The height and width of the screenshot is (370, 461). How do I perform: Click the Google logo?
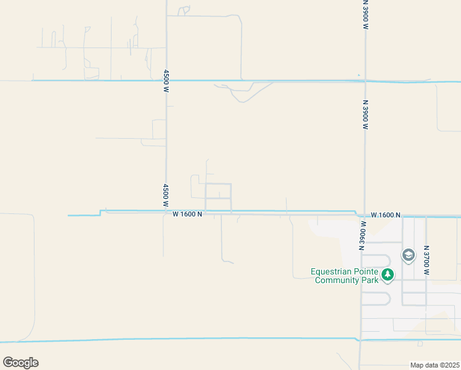point(20,363)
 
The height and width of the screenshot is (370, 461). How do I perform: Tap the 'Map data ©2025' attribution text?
point(434,365)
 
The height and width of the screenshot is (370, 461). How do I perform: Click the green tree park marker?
point(388,275)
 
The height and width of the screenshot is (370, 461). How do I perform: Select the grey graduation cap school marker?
point(408,255)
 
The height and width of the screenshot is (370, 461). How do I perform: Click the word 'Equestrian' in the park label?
point(333,271)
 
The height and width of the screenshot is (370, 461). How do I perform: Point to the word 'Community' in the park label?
point(337,280)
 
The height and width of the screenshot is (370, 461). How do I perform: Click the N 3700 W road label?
point(426,260)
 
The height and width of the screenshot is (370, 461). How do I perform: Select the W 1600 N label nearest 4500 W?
point(187,214)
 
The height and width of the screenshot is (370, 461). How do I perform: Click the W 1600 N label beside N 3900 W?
point(386,215)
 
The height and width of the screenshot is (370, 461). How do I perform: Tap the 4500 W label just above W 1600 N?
point(166,191)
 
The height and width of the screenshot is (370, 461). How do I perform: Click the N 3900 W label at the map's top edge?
point(365,14)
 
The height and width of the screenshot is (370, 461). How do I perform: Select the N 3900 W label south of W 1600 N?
point(362,236)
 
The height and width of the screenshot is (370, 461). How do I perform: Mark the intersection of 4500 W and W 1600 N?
point(166,213)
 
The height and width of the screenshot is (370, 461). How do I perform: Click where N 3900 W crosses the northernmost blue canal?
point(365,81)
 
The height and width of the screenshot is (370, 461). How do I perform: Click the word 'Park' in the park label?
point(369,280)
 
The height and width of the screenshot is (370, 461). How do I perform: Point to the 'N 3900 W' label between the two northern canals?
point(365,115)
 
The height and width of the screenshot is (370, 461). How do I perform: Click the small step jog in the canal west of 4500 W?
point(100,213)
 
